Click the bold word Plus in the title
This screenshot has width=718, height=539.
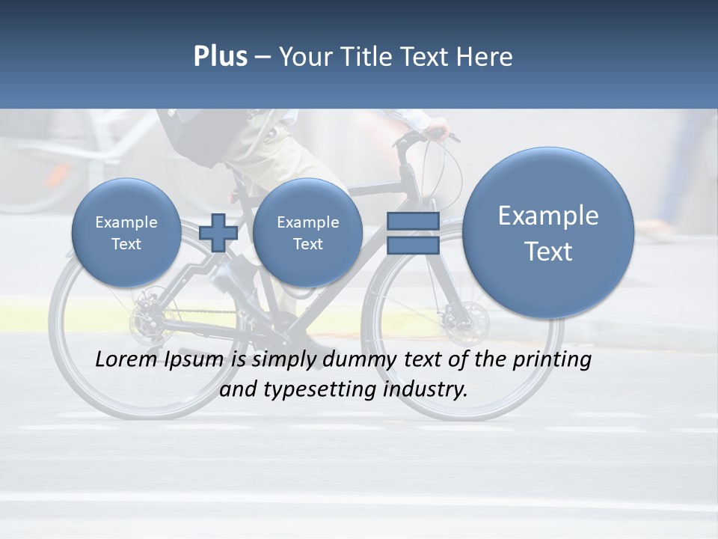220,57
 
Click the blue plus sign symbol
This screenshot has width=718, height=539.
218,233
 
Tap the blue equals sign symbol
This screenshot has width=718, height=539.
412,233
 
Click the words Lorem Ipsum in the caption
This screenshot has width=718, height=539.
160,359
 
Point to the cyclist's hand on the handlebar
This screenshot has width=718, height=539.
437,133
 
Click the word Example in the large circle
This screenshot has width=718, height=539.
548,216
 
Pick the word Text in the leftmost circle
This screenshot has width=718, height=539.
126,244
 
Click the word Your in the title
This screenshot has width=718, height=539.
303,57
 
